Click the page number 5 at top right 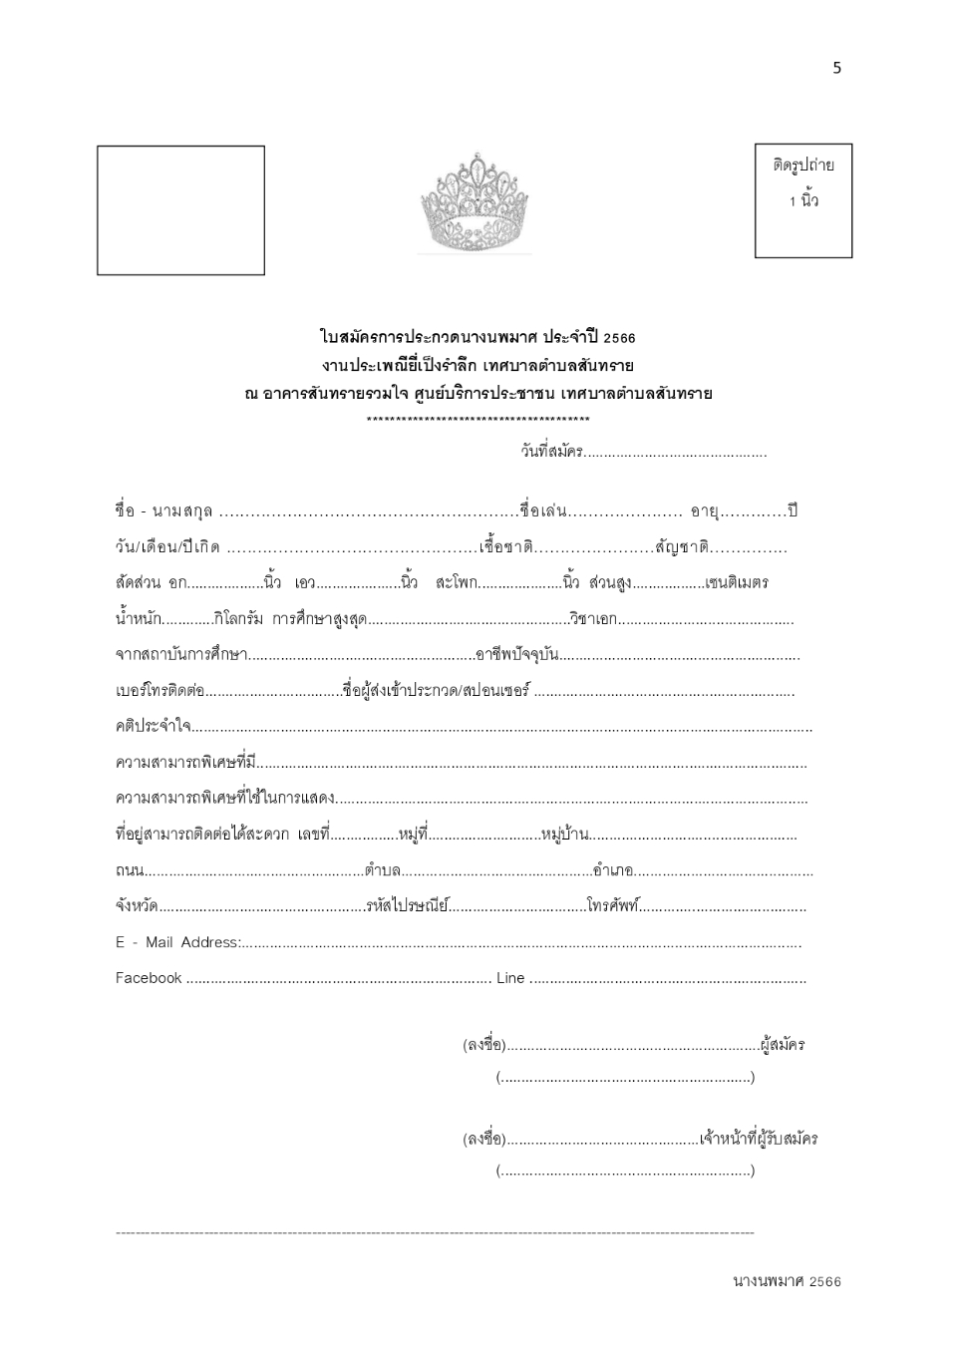(836, 68)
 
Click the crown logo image (476, 204)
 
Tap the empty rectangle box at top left (180, 210)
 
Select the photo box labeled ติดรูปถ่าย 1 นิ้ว (803, 200)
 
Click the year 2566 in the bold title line (619, 338)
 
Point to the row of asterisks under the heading (478, 420)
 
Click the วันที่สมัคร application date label (551, 451)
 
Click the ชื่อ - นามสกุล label (163, 511)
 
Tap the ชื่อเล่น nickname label (543, 511)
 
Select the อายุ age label (704, 511)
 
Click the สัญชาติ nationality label (682, 547)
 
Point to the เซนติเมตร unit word (736, 582)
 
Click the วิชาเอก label (593, 619)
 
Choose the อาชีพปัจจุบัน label (516, 655)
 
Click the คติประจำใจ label (154, 726)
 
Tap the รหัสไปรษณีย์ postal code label (407, 906)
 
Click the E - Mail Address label (177, 942)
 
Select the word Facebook (149, 978)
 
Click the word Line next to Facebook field (510, 978)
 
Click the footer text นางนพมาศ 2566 (787, 1281)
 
